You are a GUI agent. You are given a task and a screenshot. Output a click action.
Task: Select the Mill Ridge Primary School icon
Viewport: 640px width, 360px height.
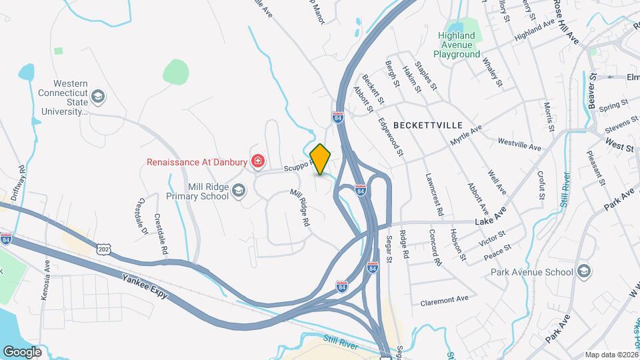click(238, 192)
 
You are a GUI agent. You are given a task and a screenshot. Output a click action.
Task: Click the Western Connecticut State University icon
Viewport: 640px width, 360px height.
click(99, 97)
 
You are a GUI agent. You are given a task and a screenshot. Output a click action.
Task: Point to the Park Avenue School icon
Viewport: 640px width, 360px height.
click(584, 271)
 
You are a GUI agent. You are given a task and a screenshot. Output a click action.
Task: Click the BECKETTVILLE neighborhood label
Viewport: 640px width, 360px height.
click(428, 125)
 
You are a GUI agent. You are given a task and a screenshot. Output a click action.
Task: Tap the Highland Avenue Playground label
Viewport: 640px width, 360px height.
click(457, 45)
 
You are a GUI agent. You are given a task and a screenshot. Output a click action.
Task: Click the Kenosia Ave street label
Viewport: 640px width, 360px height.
click(46, 280)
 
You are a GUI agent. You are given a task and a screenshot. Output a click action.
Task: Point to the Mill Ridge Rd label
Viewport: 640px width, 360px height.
click(300, 209)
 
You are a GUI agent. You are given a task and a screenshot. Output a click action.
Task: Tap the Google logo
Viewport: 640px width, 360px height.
click(23, 351)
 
